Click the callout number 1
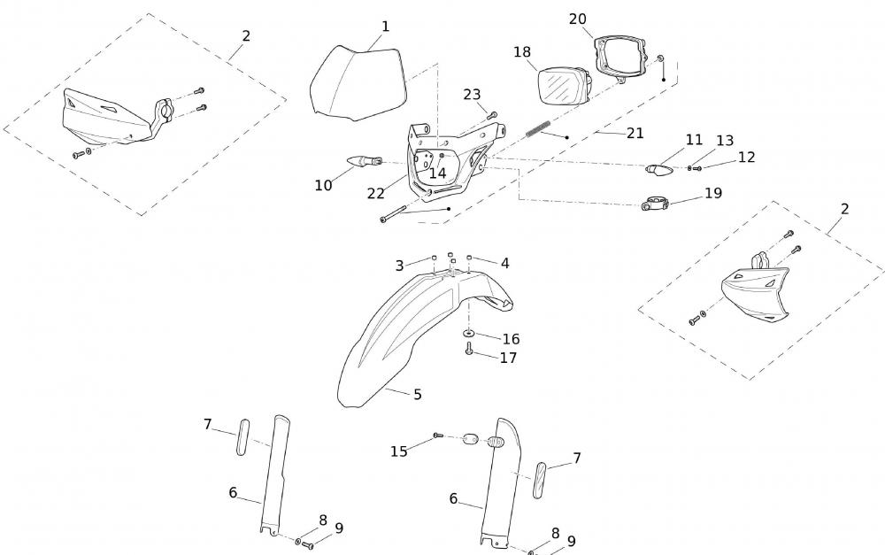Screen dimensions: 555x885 [x=385, y=27]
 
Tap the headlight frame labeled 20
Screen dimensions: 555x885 [x=619, y=55]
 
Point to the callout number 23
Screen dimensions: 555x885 [x=472, y=95]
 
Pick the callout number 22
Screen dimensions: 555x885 [x=376, y=193]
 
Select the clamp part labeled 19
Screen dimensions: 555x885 [x=656, y=205]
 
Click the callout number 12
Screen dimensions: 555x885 [x=746, y=157]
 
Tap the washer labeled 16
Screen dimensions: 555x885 [x=467, y=334]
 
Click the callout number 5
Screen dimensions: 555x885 [x=418, y=394]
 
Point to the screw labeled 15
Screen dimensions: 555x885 [x=437, y=436]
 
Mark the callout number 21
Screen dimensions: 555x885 [x=635, y=133]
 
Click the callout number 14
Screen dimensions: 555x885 [x=437, y=173]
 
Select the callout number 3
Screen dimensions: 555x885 [x=399, y=266]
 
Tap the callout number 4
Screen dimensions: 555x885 [x=504, y=263]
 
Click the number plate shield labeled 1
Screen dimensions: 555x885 [x=357, y=84]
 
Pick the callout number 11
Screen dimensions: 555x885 [x=694, y=140]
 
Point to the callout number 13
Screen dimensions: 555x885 [x=725, y=141]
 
